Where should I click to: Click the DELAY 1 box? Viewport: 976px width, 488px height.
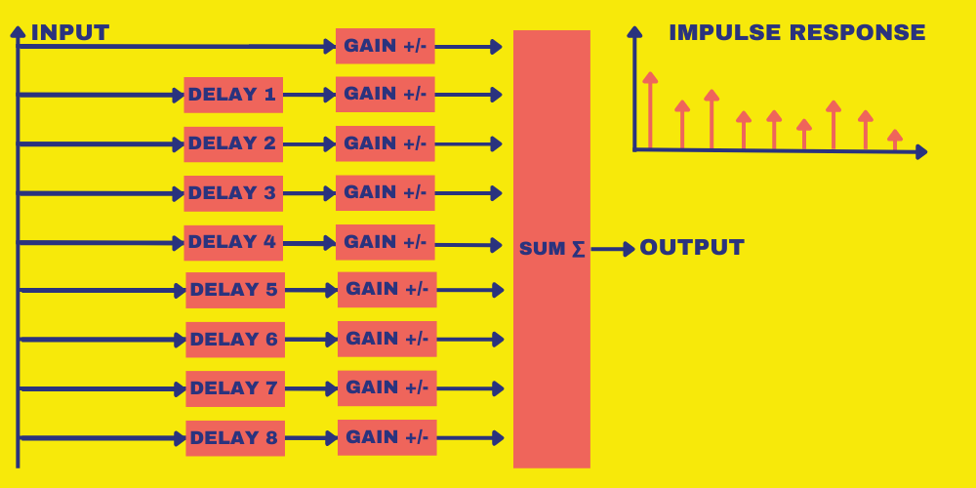pyautogui.click(x=233, y=95)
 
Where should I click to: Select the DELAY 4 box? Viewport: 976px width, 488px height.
pyautogui.click(x=233, y=242)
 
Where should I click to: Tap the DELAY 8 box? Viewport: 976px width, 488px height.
pyautogui.click(x=235, y=438)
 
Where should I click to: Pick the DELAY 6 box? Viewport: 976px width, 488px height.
pyautogui.click(x=235, y=340)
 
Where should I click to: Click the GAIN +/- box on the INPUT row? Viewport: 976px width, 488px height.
pyautogui.click(x=386, y=46)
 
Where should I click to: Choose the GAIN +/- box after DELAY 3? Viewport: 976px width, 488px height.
pyautogui.click(x=386, y=193)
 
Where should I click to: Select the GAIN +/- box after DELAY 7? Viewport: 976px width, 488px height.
pyautogui.click(x=387, y=388)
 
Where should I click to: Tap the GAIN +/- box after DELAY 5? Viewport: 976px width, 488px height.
pyautogui.click(x=387, y=290)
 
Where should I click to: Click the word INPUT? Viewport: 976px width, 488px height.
pyautogui.click(x=69, y=33)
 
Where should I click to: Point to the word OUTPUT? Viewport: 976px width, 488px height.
pyautogui.click(x=692, y=248)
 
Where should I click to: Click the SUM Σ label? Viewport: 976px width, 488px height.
pyautogui.click(x=551, y=249)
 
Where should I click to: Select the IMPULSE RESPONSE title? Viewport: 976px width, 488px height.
pyautogui.click(x=796, y=33)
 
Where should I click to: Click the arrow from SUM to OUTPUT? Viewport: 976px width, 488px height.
pyautogui.click(x=613, y=249)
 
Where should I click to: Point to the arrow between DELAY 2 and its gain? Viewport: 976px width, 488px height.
pyautogui.click(x=309, y=144)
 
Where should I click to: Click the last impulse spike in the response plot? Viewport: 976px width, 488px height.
pyautogui.click(x=894, y=140)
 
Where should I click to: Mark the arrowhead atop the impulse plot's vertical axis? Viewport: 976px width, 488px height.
pyautogui.click(x=634, y=32)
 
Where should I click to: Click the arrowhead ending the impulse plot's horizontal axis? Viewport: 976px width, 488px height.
pyautogui.click(x=920, y=152)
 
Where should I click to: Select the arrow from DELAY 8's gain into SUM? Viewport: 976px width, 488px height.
pyautogui.click(x=469, y=437)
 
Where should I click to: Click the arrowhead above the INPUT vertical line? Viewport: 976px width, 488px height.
pyautogui.click(x=18, y=31)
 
